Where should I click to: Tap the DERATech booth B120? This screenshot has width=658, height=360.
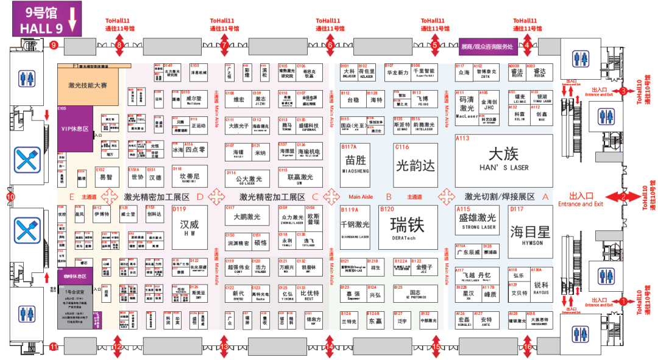[x=408, y=227]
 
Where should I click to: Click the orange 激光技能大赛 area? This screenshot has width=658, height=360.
[x=83, y=86]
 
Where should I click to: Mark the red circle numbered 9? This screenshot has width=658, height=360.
[x=54, y=44]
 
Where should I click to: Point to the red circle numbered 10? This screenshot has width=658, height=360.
[x=10, y=197]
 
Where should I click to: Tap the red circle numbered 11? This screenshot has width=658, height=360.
[x=54, y=347]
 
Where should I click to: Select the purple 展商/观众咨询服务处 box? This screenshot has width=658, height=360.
[x=487, y=44]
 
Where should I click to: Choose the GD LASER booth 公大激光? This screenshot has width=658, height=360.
[x=247, y=178]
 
